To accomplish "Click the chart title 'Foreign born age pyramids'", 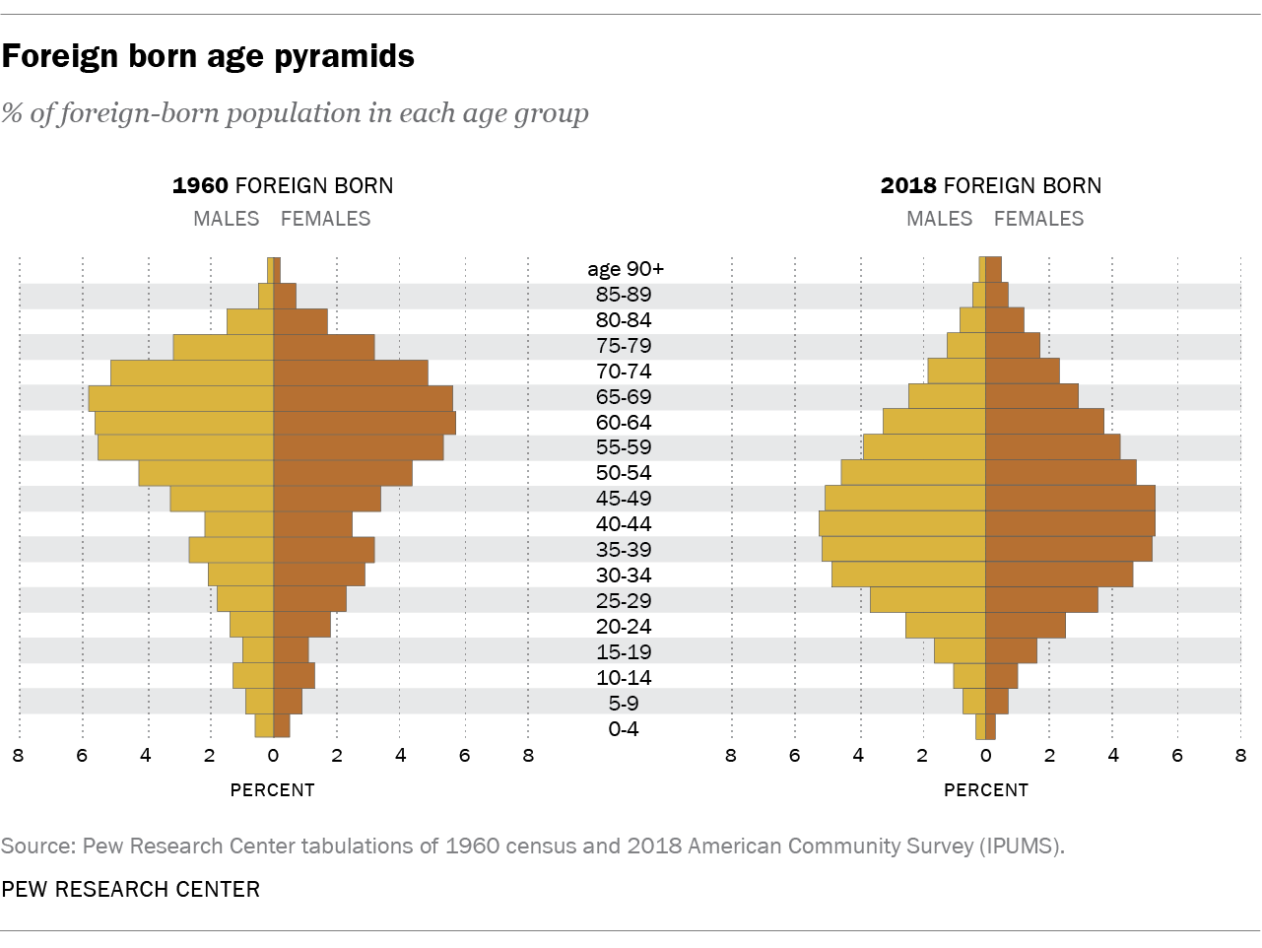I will click(208, 56).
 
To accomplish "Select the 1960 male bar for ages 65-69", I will click(180, 397).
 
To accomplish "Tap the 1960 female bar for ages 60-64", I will click(365, 423).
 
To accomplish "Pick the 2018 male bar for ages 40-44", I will click(902, 523).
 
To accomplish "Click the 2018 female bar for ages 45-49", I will click(1070, 498).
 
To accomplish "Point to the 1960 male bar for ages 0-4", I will click(264, 726).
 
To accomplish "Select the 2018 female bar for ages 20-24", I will click(1026, 626).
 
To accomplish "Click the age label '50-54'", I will click(624, 472).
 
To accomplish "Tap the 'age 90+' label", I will click(626, 269).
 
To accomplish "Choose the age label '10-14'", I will click(624, 677).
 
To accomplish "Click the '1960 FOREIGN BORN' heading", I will click(283, 185).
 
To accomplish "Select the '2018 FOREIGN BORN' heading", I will click(991, 185).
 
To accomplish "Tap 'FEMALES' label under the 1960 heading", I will click(326, 219).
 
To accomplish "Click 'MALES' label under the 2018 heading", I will click(939, 219).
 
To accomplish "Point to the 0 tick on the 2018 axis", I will click(985, 756).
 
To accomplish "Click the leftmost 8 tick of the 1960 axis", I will click(18, 756).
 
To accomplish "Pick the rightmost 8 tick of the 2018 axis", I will click(1239, 756).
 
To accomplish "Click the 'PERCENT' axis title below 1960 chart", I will click(273, 789).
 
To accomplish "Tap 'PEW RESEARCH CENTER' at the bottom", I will click(131, 889).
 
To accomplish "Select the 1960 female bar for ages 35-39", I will click(323, 549).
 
